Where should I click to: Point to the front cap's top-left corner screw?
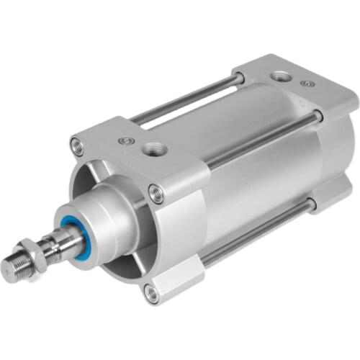(x=76, y=147)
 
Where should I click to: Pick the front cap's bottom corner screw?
(x=150, y=292)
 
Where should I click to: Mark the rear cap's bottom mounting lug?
(x=328, y=198)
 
